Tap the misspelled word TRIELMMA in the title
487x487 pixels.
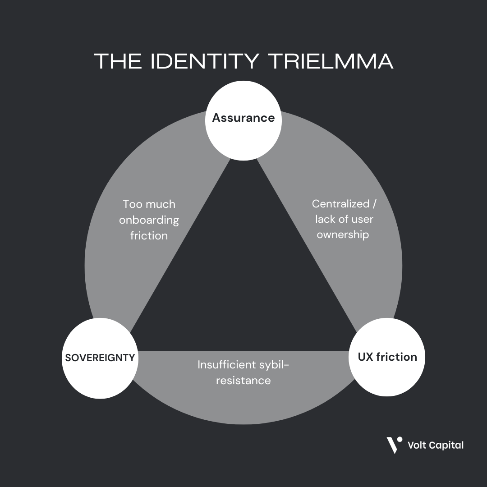(x=332, y=61)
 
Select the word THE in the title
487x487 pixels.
(x=119, y=61)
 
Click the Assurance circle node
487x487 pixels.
(x=243, y=120)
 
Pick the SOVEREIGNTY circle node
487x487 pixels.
(x=100, y=358)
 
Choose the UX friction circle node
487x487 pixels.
(x=387, y=357)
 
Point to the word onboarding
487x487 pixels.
(x=149, y=220)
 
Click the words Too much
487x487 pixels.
(x=149, y=204)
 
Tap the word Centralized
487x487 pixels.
(x=340, y=204)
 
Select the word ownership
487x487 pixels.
(x=343, y=235)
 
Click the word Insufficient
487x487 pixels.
(x=226, y=364)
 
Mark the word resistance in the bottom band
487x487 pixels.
(x=243, y=381)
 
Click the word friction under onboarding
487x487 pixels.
(x=149, y=236)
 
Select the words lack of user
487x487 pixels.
(x=344, y=220)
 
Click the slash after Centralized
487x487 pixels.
(x=374, y=204)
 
